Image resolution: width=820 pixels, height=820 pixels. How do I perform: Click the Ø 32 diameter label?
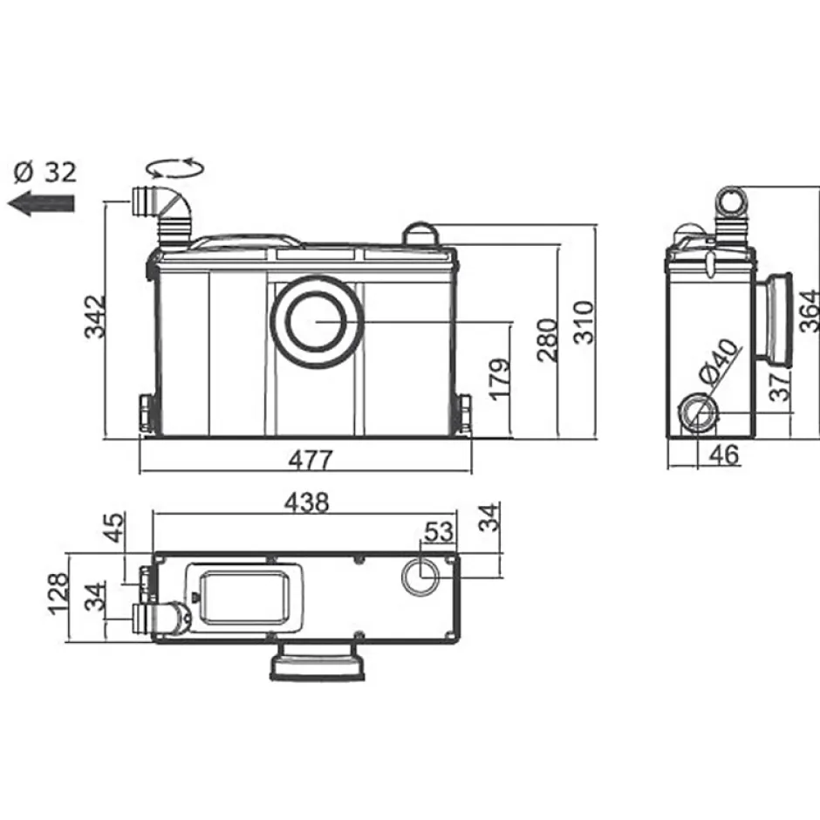pos(45,172)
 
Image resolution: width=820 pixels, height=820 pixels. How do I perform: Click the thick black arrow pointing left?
pos(41,203)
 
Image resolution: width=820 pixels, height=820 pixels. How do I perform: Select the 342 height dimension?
pos(96,317)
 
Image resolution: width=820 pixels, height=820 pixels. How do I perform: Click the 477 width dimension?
pos(310,461)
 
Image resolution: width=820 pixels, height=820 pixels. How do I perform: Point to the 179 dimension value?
pos(501,379)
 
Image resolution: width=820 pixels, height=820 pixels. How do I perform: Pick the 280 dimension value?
pos(548,340)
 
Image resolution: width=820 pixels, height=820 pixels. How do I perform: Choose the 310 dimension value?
pos(584,322)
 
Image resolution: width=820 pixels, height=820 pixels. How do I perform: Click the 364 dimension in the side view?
pos(810,311)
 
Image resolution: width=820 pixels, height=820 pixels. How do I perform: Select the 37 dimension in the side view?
pos(780,386)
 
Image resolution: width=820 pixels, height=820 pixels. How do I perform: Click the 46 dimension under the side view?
pos(724,454)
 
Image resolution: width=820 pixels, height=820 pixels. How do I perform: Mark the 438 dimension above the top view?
pos(307,502)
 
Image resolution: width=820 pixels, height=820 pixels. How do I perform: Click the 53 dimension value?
pos(438,532)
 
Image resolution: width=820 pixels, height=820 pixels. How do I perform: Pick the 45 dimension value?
pos(114,527)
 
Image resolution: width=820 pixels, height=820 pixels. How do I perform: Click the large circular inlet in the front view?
pos(316,322)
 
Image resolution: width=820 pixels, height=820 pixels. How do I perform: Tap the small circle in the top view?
pos(420,577)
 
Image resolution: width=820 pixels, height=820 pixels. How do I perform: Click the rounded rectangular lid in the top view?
pos(245,598)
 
